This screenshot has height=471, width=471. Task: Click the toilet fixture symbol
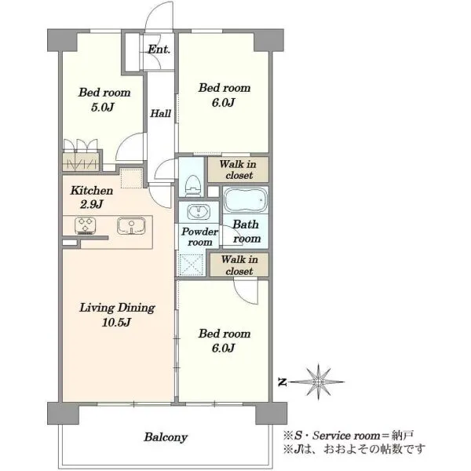[x=192, y=185]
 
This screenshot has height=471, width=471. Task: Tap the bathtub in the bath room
[x=246, y=199]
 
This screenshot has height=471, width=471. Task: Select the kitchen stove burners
[x=86, y=226]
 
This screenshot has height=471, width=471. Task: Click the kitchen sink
[x=131, y=225]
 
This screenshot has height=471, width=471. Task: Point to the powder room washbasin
[x=199, y=212]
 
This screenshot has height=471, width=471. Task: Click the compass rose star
[x=318, y=382]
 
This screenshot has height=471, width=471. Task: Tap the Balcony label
[x=166, y=437]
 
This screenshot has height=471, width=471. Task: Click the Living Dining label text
[x=117, y=308]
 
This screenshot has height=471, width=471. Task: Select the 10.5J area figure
[x=116, y=323]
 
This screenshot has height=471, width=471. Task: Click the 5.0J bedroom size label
[x=102, y=107]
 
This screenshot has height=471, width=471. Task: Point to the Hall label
[x=160, y=113]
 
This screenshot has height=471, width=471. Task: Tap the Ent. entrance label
[x=159, y=49]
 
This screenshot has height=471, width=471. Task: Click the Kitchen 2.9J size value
[x=92, y=205]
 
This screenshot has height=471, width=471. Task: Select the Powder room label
[x=199, y=237]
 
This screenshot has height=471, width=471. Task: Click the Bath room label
[x=246, y=232]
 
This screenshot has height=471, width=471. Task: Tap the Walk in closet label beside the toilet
[x=238, y=170]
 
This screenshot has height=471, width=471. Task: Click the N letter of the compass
[x=282, y=382]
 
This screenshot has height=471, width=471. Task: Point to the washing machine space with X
[x=191, y=265]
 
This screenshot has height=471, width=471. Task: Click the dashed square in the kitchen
[x=131, y=178]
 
